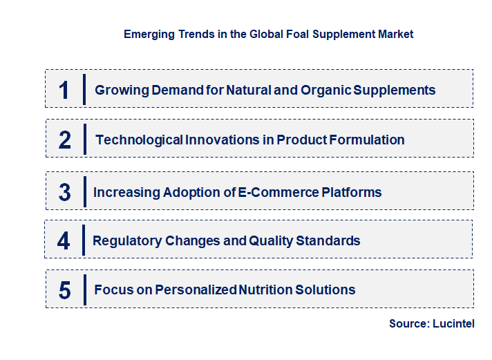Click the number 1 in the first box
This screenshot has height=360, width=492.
point(64,90)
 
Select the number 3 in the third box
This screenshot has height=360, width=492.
point(64,192)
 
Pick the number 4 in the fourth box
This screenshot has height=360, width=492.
point(64,241)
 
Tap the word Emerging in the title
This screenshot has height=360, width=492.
point(147,34)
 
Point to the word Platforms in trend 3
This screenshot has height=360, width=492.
point(352,192)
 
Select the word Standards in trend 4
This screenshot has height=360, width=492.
point(328,240)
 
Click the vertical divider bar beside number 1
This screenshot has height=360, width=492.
point(84,89)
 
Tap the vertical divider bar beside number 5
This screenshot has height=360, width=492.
point(84,290)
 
